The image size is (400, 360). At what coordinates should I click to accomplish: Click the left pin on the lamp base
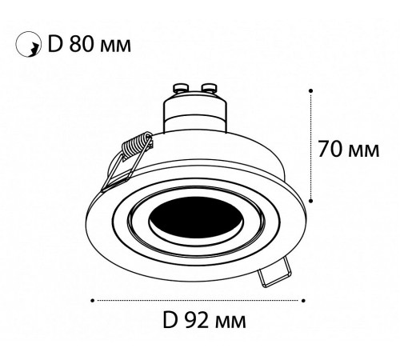[179, 87]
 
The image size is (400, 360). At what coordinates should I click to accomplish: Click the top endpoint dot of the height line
[310, 90]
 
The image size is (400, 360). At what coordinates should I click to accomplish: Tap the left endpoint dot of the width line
[94, 301]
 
